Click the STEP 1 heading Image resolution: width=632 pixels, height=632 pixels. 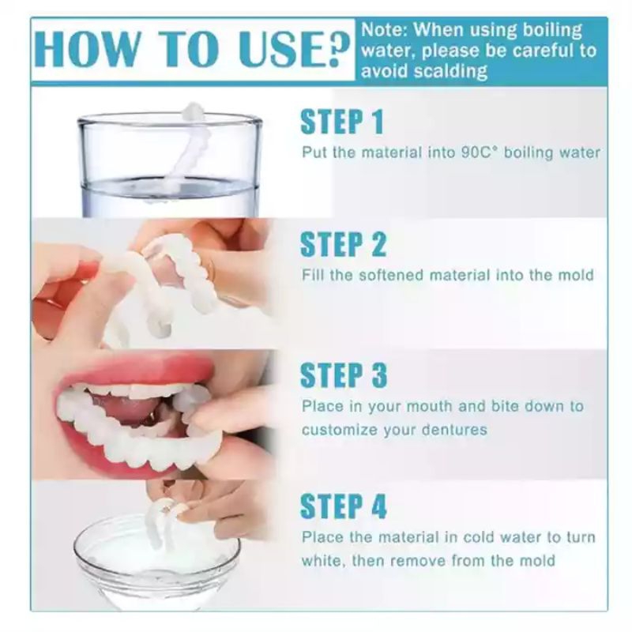point(342,122)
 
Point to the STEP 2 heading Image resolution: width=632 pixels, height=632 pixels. point(343,244)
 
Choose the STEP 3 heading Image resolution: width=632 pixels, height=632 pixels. point(344,375)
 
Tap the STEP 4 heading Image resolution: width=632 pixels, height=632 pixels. point(344,506)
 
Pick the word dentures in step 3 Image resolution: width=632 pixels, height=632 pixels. point(454,430)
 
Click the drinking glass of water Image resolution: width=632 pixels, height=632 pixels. point(169,165)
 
